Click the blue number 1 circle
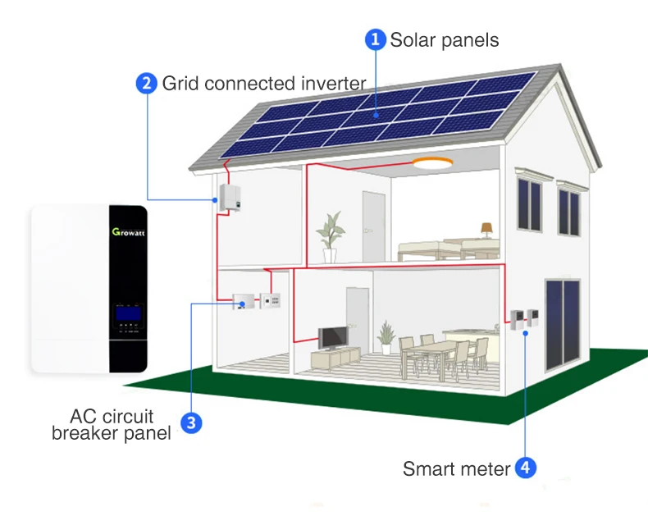point(375,39)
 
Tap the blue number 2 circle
point(147,84)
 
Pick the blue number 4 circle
point(526,468)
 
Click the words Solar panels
point(444,39)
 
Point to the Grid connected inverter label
point(262,84)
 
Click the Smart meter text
point(456,469)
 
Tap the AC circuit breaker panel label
point(112,425)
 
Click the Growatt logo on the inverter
point(128,232)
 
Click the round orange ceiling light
point(432,163)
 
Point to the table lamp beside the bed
point(486,229)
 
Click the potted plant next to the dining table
point(386,336)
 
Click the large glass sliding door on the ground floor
point(564,320)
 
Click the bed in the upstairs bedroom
point(447,248)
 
